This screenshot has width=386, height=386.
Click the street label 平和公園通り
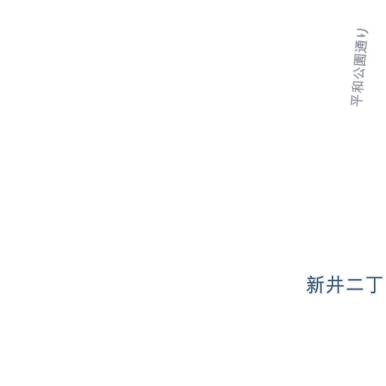coord(359,67)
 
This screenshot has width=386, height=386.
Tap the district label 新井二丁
coord(345,285)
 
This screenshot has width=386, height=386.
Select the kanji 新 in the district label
coord(315,285)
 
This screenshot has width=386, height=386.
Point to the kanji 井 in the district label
coord(335,285)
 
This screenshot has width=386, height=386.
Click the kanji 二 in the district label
coord(354,285)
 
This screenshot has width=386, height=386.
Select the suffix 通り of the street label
coord(362,41)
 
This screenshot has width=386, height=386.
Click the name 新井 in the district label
coord(325,285)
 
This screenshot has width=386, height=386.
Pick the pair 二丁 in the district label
coord(365,285)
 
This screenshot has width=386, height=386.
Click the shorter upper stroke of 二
coord(354,280)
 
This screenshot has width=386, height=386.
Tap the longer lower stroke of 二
coord(354,290)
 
